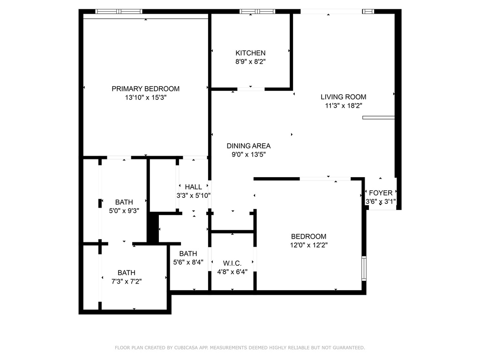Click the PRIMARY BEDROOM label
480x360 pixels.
[145, 89]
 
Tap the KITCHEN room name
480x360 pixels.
[250, 53]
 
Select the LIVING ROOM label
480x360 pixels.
[344, 97]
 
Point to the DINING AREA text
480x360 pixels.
[248, 146]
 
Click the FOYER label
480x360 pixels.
[381, 193]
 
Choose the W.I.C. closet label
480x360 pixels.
[232, 263]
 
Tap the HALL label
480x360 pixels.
[194, 187]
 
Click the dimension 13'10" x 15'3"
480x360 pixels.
[145, 97]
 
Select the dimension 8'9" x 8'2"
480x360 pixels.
[250, 61]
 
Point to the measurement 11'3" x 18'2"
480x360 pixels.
[344, 106]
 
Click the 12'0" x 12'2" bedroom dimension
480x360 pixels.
[308, 245]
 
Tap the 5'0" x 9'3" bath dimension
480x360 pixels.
[124, 211]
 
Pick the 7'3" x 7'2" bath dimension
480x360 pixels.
[127, 281]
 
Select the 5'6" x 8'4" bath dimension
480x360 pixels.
[188, 262]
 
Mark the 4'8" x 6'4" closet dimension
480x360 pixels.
[232, 272]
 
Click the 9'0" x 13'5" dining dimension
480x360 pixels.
[248, 155]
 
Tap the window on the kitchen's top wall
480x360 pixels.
[257, 12]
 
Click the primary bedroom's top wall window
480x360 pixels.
[119, 12]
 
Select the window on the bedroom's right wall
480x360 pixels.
[364, 269]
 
